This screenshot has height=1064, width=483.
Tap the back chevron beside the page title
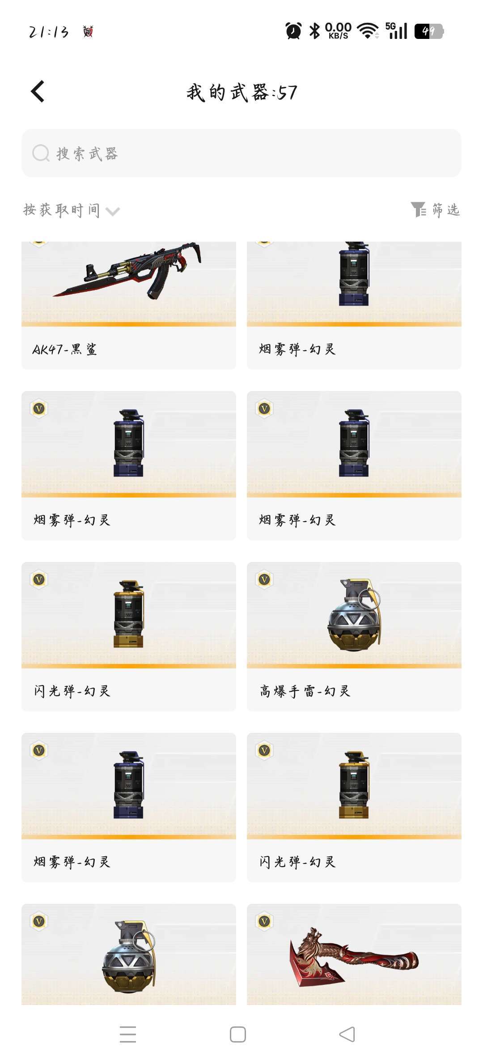(38, 92)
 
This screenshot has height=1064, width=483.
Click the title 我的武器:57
(241, 93)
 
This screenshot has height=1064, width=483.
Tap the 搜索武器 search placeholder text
(87, 153)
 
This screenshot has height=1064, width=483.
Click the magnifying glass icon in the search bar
(41, 153)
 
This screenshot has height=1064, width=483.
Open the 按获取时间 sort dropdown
(72, 210)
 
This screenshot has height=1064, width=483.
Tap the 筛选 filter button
(436, 209)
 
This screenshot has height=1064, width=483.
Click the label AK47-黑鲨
(65, 349)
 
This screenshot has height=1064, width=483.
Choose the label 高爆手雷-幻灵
(305, 691)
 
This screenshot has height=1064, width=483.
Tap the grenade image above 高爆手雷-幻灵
(354, 615)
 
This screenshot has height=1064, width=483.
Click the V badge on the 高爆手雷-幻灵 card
(264, 580)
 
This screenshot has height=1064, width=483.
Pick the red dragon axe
(354, 957)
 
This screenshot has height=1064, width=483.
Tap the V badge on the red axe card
(264, 922)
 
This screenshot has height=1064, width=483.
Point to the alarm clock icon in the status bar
(293, 31)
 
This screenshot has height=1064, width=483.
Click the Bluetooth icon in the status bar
(315, 31)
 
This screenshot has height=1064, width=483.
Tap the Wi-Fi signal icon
(368, 31)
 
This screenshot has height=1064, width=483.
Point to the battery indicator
(429, 31)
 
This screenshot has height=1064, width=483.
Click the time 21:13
(49, 32)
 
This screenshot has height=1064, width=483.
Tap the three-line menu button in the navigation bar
(128, 1034)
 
